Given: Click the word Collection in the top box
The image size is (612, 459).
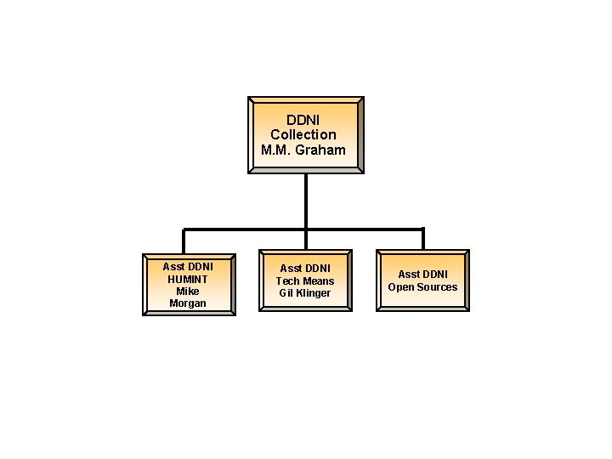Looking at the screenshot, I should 303,134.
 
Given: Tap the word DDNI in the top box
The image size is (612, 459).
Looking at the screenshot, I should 303,119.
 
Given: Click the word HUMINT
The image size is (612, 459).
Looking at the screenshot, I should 188,279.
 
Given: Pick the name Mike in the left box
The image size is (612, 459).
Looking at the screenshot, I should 188,291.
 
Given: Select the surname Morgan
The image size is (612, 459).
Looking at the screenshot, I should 188,303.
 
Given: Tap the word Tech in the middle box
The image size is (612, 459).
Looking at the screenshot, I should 287,280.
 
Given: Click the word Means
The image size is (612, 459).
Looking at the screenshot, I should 318,280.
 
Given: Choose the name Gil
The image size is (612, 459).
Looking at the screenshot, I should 287,293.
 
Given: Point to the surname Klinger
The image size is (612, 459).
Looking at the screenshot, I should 314,293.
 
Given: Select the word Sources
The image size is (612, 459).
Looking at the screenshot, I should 436,286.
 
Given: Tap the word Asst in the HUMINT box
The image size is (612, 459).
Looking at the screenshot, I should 173,266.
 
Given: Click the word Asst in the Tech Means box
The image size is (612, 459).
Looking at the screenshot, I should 291,268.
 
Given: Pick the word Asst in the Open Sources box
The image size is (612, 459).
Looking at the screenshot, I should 408,274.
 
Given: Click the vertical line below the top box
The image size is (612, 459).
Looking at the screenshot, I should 306,201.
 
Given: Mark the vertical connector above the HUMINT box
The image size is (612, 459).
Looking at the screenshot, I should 184,241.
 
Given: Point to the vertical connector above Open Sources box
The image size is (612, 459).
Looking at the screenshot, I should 422,239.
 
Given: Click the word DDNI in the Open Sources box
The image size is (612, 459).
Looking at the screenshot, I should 435,274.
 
